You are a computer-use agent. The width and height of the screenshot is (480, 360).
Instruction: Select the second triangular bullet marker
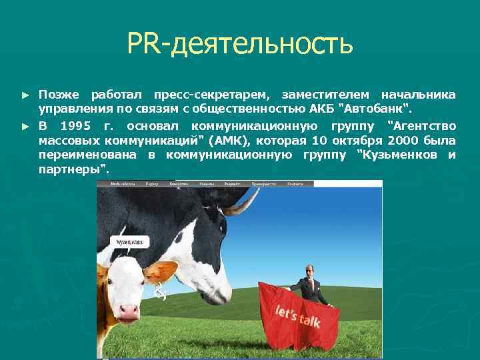coord(26,125)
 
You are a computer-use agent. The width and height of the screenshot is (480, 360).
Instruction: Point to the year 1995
coord(75,125)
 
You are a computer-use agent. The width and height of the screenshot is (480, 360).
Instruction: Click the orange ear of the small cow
coord(162,271)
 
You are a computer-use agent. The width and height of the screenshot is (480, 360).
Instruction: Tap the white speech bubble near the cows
coord(128,243)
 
